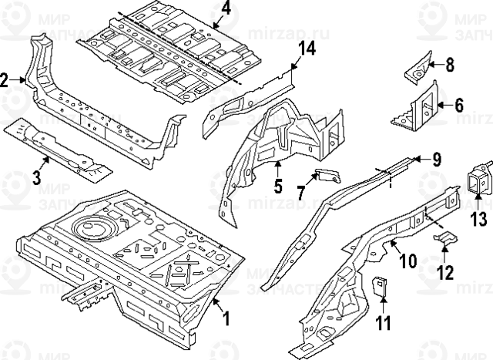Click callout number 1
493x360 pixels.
(225, 317)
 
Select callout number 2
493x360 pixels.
(6, 79)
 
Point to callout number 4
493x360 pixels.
(226, 9)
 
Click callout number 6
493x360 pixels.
(460, 106)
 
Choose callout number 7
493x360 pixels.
(304, 191)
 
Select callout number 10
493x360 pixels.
(408, 260)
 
